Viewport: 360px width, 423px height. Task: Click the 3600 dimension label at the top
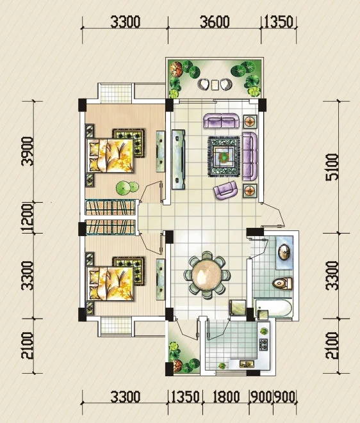pyautogui.click(x=215, y=22)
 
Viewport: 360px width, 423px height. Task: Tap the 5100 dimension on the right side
pyautogui.click(x=332, y=167)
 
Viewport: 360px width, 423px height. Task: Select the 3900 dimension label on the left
pyautogui.click(x=28, y=151)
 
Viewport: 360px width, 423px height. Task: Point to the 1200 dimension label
pyautogui.click(x=28, y=218)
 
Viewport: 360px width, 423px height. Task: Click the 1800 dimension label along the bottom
pyautogui.click(x=226, y=397)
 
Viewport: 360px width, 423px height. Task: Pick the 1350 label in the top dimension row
pyautogui.click(x=278, y=22)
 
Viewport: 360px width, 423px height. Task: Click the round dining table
pyautogui.click(x=207, y=275)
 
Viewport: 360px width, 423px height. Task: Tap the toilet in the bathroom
pyautogui.click(x=282, y=283)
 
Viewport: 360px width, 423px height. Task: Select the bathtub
pyautogui.click(x=273, y=308)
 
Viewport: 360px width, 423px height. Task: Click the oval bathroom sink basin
pyautogui.click(x=284, y=252)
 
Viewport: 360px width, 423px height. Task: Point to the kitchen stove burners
pyautogui.click(x=263, y=344)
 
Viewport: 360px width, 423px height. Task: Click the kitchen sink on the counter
pyautogui.click(x=247, y=364)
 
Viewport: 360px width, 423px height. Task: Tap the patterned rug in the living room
pyautogui.click(x=224, y=157)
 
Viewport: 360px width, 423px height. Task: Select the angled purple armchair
pyautogui.click(x=225, y=190)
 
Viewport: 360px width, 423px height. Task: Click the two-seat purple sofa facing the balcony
pyautogui.click(x=221, y=120)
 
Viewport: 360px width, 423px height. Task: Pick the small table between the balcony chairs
pyautogui.click(x=215, y=84)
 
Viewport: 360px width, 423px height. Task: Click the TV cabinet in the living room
pyautogui.click(x=178, y=159)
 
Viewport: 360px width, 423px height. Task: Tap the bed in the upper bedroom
pyautogui.click(x=110, y=155)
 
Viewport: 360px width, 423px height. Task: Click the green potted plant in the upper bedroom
pyautogui.click(x=127, y=188)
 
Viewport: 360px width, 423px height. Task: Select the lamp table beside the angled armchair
pyautogui.click(x=250, y=191)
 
